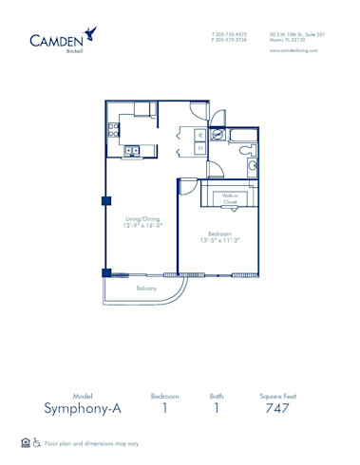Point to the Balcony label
(x=146, y=288)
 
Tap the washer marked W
(x=200, y=134)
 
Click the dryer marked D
(x=200, y=149)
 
